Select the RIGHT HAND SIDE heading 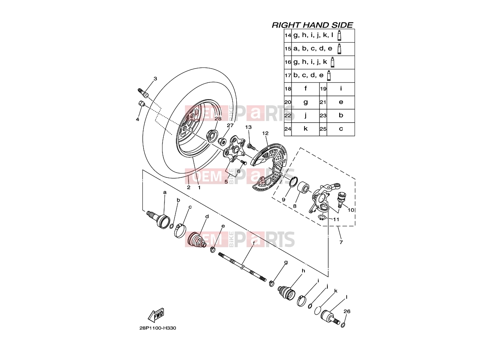click(x=312, y=25)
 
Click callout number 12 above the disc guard click(x=265, y=133)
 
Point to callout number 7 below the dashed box click(x=341, y=242)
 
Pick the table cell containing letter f click(x=306, y=89)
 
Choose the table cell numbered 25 click(x=323, y=129)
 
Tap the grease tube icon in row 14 click(x=339, y=35)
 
